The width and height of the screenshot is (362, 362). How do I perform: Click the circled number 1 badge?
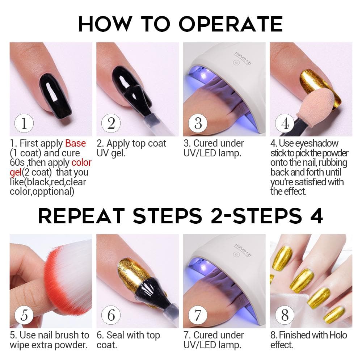pos(24,123)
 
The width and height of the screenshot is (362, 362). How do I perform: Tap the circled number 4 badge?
pos(285,123)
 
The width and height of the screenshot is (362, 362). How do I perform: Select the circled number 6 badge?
pos(111,315)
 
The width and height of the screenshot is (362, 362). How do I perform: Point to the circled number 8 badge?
pos(285,315)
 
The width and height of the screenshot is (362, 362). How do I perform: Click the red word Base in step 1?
pos(76,143)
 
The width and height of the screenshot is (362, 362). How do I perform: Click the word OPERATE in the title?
pos(231,24)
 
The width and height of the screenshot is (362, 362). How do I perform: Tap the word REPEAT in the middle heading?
pos(81,216)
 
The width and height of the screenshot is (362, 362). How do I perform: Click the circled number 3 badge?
pos(198,123)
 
